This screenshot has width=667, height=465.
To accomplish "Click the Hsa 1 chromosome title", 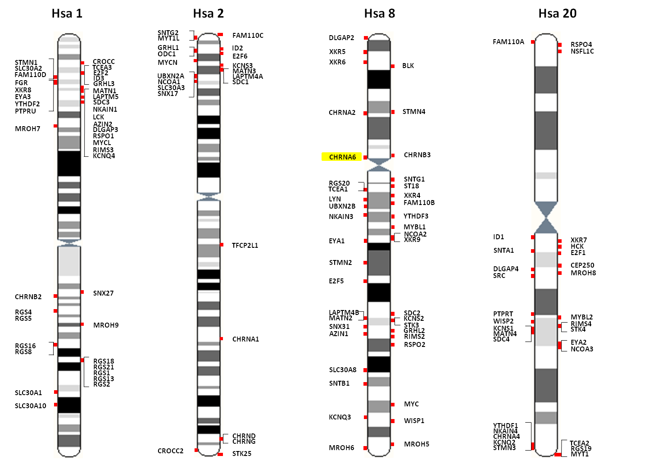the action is [x=67, y=14].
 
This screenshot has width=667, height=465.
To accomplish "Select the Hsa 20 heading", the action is [x=558, y=14].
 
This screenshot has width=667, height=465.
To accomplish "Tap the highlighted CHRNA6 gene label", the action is [x=342, y=157].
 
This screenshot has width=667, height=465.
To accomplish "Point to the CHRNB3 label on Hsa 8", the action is [x=417, y=155].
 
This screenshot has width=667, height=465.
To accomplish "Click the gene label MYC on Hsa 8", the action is [x=411, y=404].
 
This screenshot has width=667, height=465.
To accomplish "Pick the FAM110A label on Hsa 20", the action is [x=508, y=42].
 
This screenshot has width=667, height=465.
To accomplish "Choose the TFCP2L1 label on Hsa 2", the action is [x=245, y=246].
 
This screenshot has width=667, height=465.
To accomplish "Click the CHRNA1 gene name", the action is [x=245, y=339].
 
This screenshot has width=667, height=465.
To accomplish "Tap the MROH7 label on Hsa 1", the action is [x=27, y=129].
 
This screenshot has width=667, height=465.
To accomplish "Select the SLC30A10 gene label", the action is [x=30, y=406].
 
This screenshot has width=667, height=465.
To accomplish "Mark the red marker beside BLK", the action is [x=393, y=66].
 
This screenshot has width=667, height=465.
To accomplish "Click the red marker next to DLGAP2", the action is [x=366, y=38].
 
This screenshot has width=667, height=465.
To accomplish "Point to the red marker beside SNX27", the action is [x=82, y=292].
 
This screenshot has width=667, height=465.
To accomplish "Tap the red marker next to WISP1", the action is [x=393, y=421].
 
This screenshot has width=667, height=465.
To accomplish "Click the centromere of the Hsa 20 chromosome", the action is [x=546, y=218].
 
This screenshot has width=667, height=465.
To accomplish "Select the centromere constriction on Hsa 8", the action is [x=379, y=165].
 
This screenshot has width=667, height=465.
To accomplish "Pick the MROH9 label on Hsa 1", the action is [x=106, y=325].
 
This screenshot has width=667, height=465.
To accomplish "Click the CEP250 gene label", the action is [x=582, y=265].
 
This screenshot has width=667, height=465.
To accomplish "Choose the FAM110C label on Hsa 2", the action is [x=248, y=36].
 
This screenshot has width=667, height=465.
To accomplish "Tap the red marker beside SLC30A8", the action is [x=365, y=370].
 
